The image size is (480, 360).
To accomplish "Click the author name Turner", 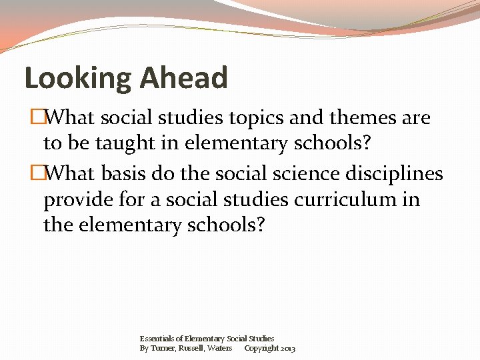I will point(163,348).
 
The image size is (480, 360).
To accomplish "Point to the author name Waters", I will point(220,348).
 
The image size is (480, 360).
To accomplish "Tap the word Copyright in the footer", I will point(262,348).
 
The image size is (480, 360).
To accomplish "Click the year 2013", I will point(289,348).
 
